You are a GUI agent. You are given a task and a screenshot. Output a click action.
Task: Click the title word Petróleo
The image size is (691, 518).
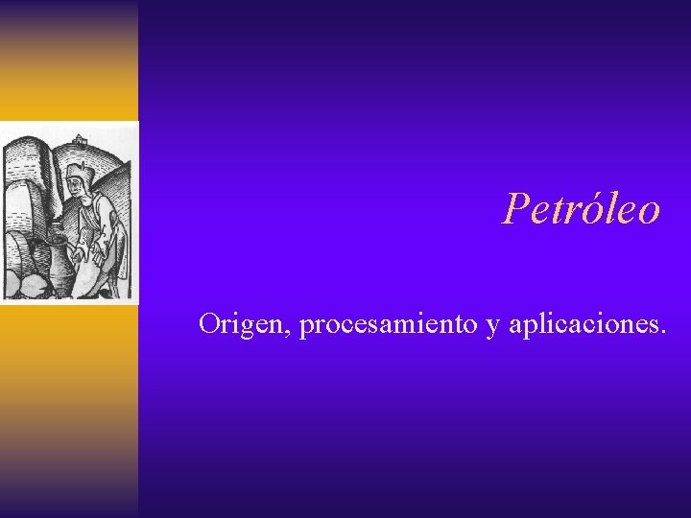pyautogui.click(x=582, y=208)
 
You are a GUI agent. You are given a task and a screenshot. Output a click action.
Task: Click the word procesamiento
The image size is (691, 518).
pyautogui.click(x=390, y=325)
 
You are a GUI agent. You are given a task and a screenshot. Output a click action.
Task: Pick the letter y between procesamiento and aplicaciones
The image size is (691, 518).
pyautogui.click(x=493, y=327)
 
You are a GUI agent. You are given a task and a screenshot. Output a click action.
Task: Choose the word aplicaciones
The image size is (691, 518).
pyautogui.click(x=582, y=325)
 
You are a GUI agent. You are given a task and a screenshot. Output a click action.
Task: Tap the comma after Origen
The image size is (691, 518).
pyautogui.click(x=292, y=332)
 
